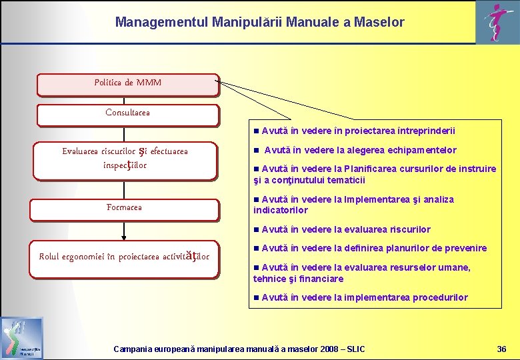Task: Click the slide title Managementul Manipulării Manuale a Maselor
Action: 259,22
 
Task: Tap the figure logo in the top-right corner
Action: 494,23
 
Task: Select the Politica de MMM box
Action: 127,84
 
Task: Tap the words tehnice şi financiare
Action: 298,279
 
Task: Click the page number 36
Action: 502,349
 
